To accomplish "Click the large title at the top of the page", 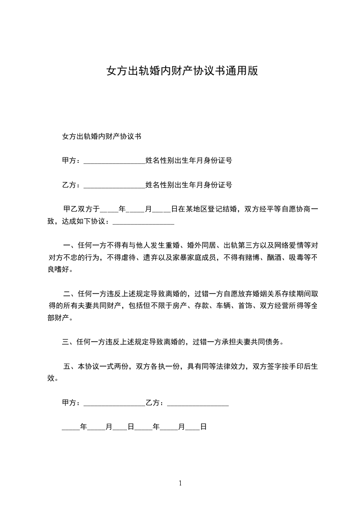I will [x=182, y=71].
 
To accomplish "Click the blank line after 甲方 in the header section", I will [x=114, y=161].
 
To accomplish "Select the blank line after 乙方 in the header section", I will [x=114, y=185].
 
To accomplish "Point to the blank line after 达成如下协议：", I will [x=143, y=222].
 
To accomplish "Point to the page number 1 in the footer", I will [x=180, y=483].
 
